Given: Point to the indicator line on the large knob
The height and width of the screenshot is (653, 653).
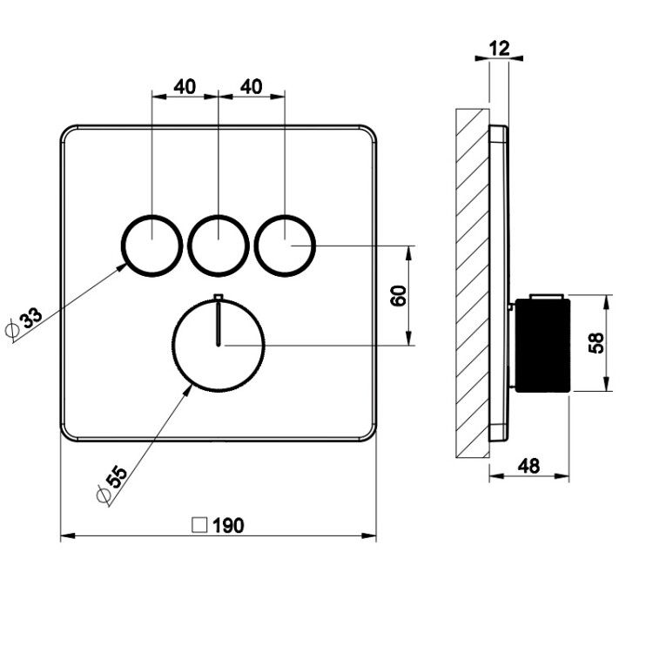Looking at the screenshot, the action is click(219, 324).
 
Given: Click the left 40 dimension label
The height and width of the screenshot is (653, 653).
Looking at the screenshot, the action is click(185, 86).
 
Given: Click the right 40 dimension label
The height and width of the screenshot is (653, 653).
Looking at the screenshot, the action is click(252, 86).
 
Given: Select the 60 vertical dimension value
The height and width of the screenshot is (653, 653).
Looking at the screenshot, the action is click(399, 296).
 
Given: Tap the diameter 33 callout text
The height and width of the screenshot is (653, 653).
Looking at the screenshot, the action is click(31, 318).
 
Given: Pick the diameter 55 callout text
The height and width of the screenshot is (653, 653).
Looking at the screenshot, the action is click(117, 477).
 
